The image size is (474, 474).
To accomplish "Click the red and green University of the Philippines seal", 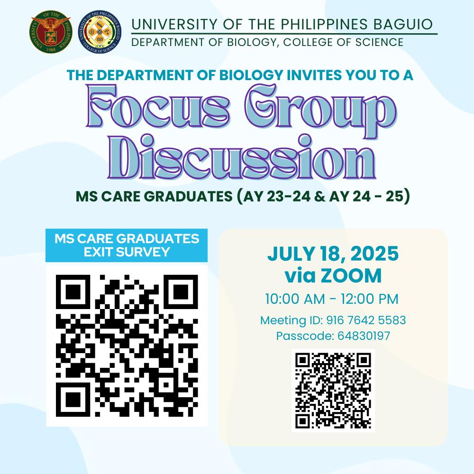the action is point(51,32).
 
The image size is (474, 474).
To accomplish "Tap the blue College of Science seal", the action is point(100,32).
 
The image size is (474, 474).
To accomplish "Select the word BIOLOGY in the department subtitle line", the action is point(252,42).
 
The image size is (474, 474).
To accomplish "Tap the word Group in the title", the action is point(320,110).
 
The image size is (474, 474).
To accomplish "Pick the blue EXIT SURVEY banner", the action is point(127,245).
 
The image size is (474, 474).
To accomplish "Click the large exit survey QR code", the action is point(127,346).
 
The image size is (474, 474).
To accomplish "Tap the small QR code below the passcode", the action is point(333,391).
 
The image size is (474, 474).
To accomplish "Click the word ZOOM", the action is point(351,276).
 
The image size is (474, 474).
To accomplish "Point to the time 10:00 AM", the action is point(295,299).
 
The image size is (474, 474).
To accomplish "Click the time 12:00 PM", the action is point(370,299).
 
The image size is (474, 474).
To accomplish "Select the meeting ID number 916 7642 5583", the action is point(366,320).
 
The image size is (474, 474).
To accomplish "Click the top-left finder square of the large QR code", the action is point(73,292).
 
